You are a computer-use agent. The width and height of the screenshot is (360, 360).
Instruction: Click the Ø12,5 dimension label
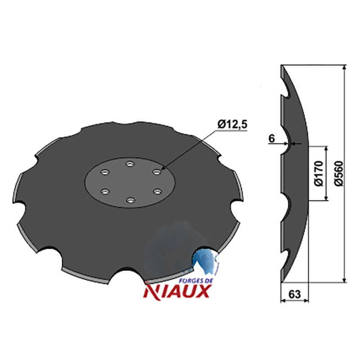coord(232,125)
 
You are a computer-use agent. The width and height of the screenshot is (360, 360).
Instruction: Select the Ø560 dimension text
coord(339,174)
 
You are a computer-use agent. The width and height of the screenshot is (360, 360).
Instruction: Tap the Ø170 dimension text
coord(319,174)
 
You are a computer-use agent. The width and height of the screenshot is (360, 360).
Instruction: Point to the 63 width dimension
coord(294,294)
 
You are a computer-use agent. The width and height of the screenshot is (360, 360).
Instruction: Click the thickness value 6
coord(271,139)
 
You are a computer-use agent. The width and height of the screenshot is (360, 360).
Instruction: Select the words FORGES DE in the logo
coord(196,281)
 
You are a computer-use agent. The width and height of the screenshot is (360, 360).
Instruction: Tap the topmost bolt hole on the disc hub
coord(130,164)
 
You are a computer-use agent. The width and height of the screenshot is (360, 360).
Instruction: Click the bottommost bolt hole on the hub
coord(130,200)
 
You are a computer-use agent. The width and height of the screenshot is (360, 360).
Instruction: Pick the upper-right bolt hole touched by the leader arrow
coord(157,172)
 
